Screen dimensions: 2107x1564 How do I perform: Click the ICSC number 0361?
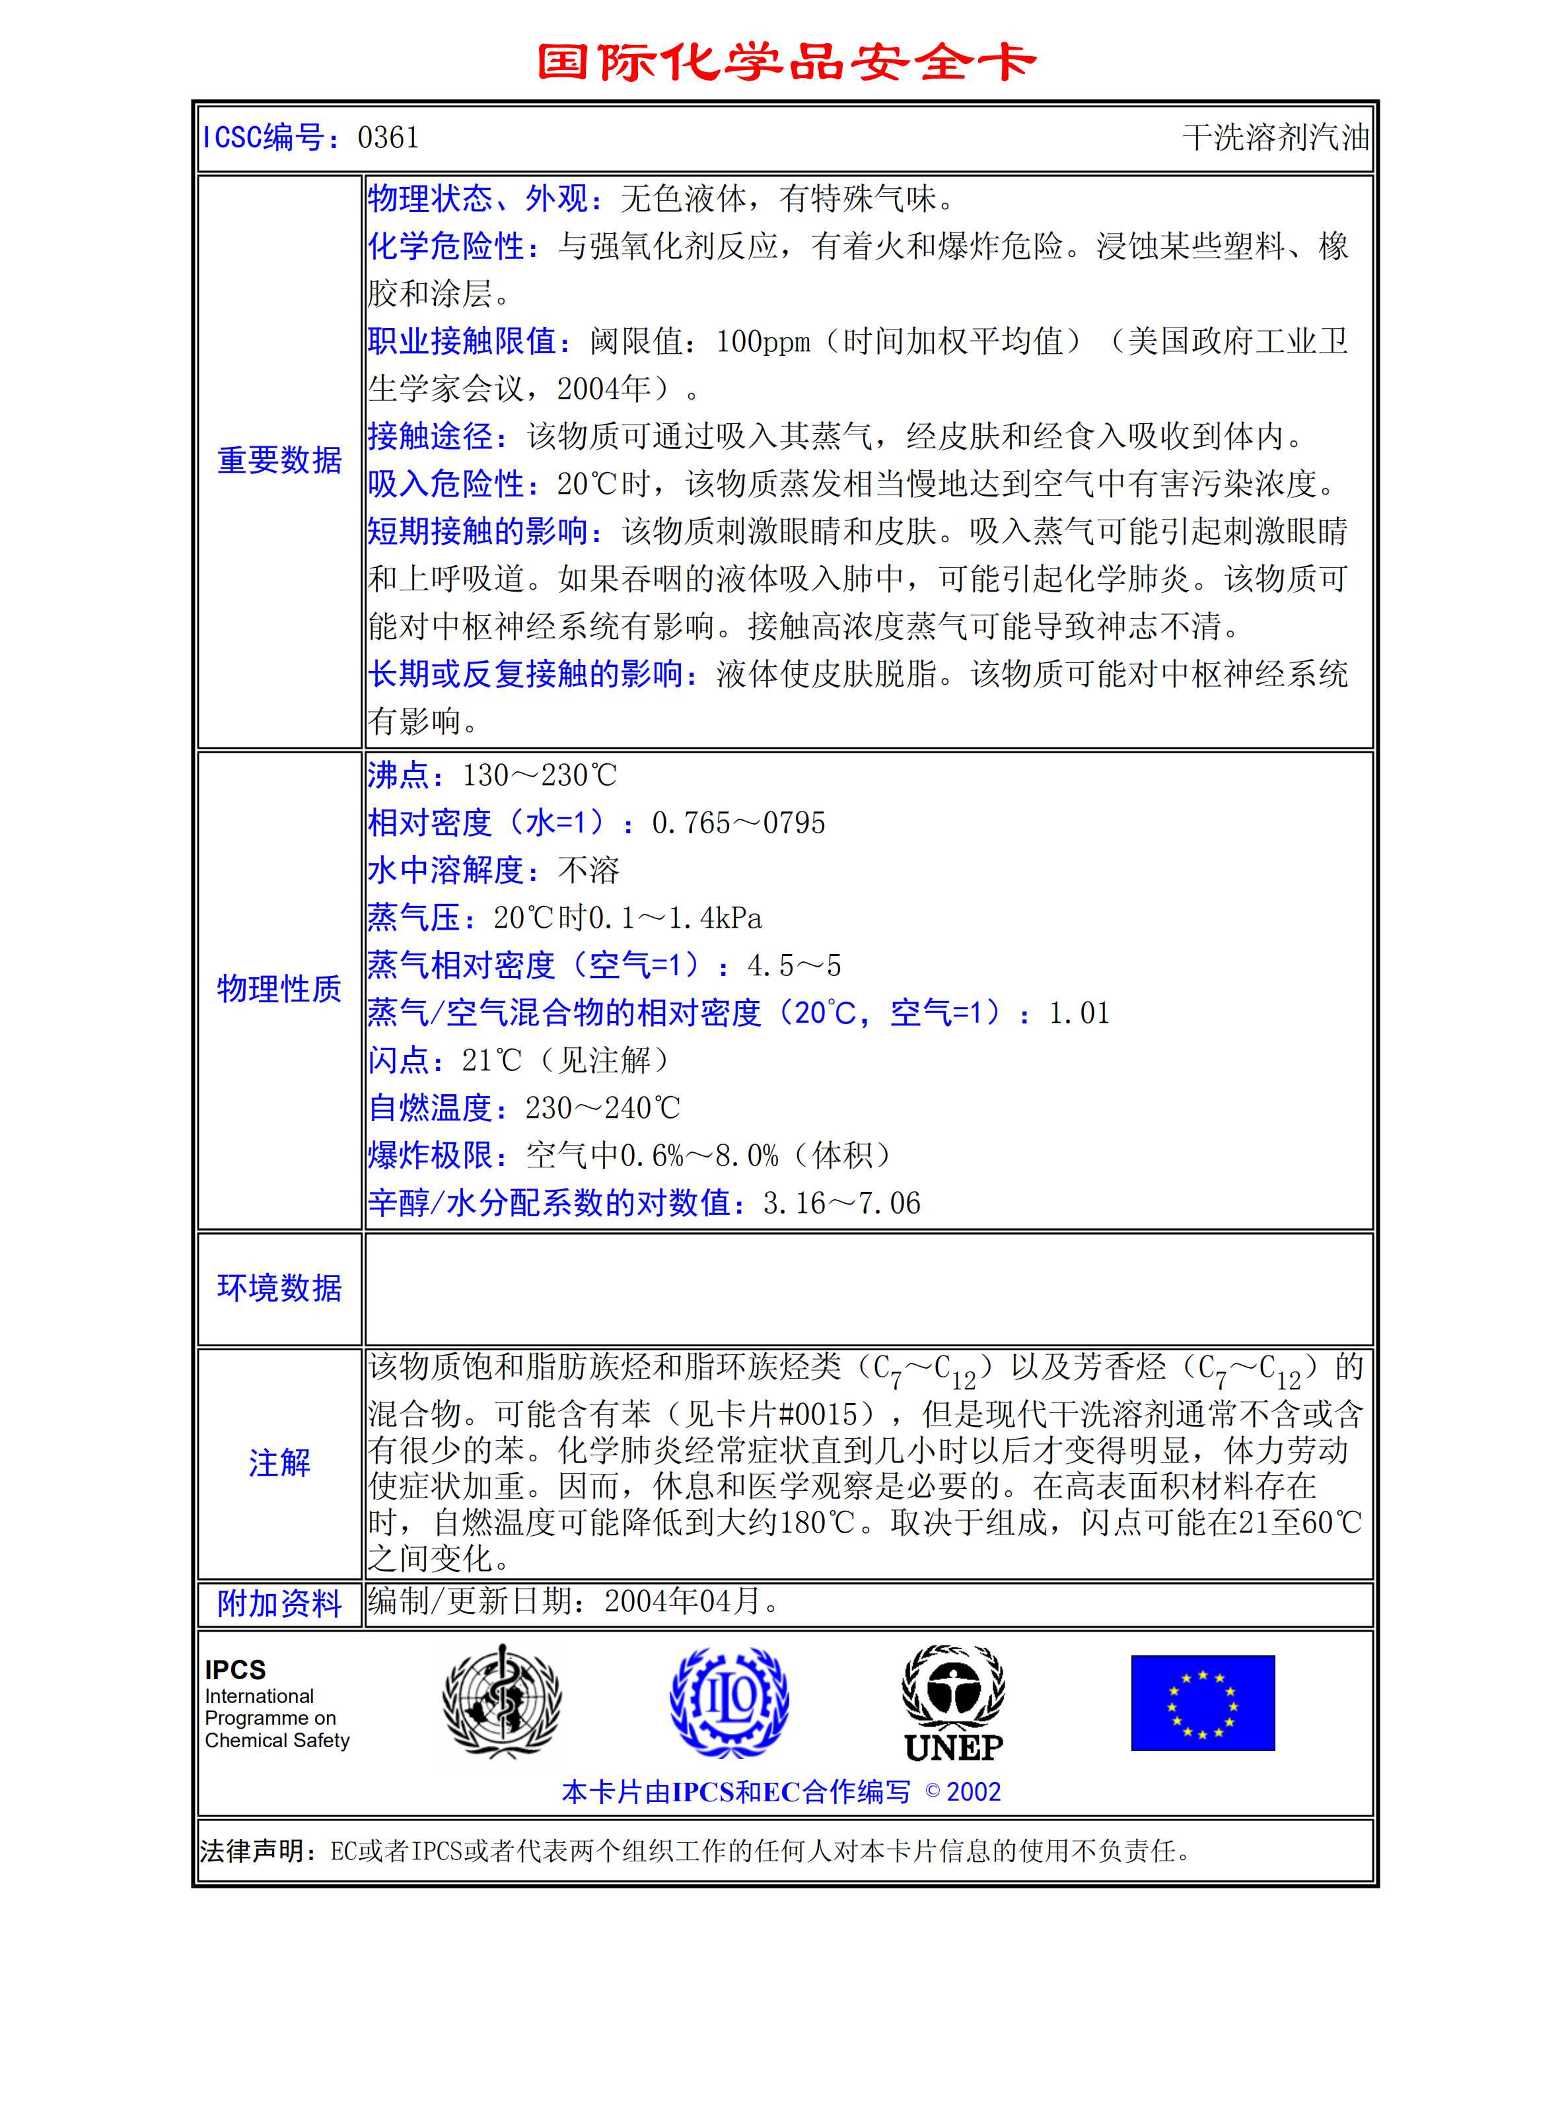tap(388, 138)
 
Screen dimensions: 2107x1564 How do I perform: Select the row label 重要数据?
tap(279, 460)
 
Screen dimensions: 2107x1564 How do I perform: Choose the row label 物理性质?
tap(279, 989)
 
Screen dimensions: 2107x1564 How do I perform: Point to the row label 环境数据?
tap(279, 1288)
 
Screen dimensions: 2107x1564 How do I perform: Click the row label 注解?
tap(279, 1463)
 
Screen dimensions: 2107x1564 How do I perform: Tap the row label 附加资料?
tap(279, 1603)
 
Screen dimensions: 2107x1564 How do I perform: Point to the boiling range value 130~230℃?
tap(539, 775)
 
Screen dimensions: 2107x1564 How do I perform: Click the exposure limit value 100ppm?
tap(763, 341)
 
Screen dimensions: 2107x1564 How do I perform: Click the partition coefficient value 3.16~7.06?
tap(841, 1203)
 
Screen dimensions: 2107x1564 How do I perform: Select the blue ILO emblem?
tap(729, 1701)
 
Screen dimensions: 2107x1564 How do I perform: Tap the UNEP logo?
tap(953, 1704)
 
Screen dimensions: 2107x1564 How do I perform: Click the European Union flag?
tap(1202, 1703)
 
